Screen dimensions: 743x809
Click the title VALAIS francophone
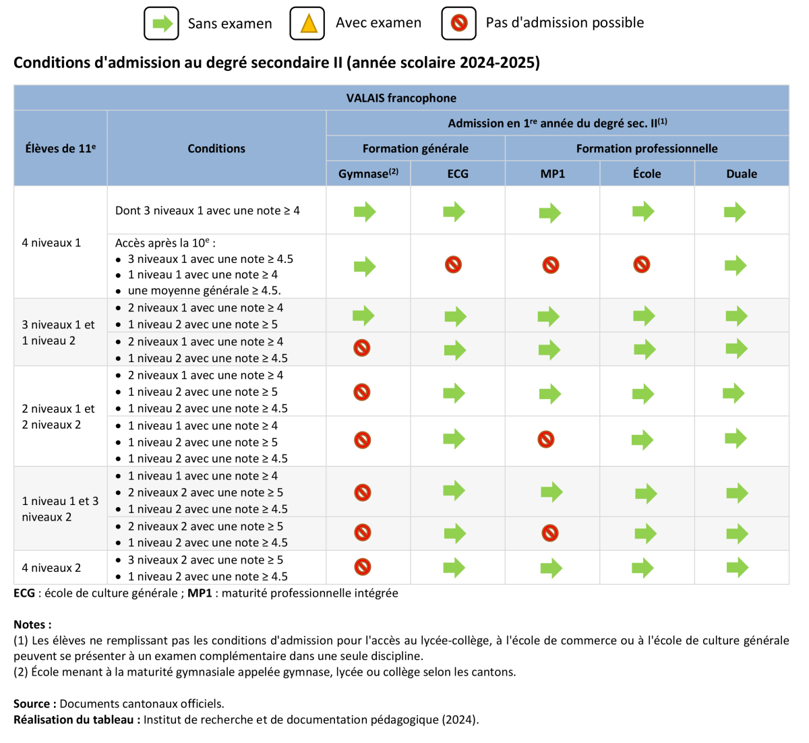coord(401,98)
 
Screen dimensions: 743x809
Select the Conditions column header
coord(216,148)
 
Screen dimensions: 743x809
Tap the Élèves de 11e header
coord(60,148)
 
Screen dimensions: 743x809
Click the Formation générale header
coord(415,148)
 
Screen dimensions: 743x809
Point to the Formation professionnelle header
coord(647,148)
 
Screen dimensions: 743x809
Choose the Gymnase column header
coord(368,173)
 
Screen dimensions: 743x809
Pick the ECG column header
coord(458,173)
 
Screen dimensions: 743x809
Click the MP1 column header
coord(552,173)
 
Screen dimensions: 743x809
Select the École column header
coord(647,173)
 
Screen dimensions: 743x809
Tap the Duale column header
coord(742,173)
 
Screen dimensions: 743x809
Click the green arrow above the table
coord(162,24)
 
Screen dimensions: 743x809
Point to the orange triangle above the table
coord(309,24)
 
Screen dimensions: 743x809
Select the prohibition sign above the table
coord(459,23)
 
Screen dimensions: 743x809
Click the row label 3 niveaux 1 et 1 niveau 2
coord(58,332)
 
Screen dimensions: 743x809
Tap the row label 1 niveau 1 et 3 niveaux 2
coord(60,509)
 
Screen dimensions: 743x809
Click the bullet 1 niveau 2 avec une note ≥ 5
coord(203,324)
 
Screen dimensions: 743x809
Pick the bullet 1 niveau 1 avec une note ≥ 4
coord(203,476)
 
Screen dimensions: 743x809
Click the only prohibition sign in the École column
coord(642,264)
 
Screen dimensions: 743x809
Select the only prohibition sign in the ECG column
coord(454,264)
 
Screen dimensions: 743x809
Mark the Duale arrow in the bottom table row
coord(737,567)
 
